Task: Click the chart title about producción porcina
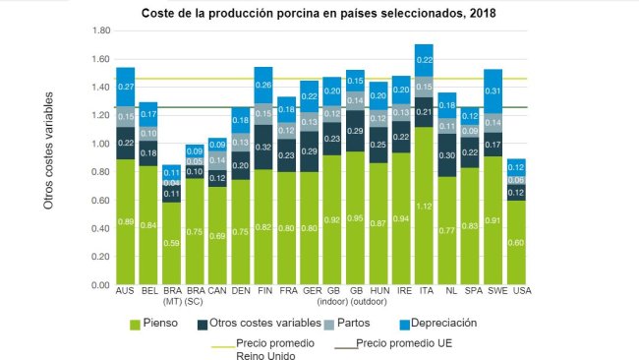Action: click(319, 13)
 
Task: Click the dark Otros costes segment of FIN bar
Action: click(263, 147)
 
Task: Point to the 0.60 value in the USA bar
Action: click(517, 243)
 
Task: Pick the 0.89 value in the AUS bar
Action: click(126, 222)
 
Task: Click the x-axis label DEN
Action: click(241, 292)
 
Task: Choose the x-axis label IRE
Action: click(401, 292)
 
